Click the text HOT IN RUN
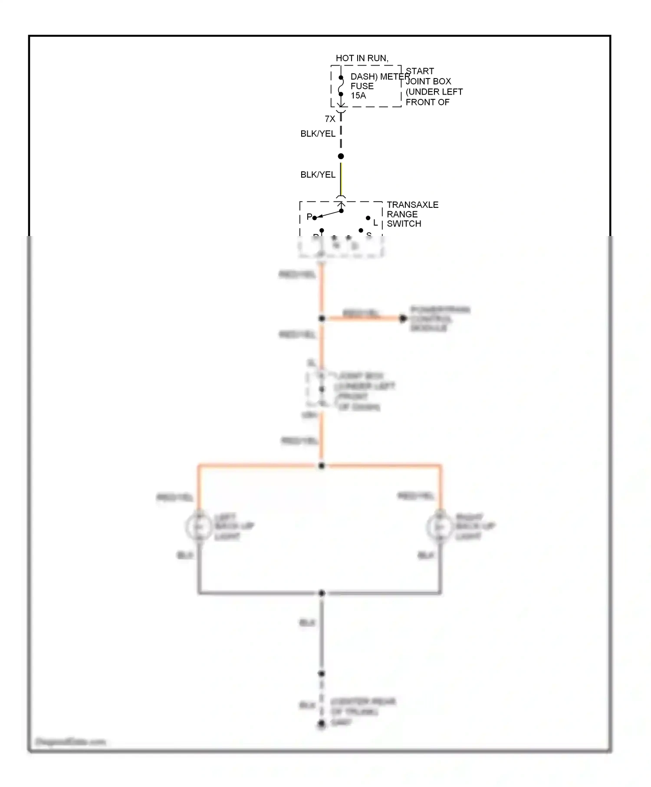tap(362, 58)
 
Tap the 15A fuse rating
tap(358, 95)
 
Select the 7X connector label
tap(330, 119)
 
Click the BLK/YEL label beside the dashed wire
tap(318, 134)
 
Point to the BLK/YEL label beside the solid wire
tap(318, 175)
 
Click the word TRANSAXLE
tap(412, 205)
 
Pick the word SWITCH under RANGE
tap(404, 224)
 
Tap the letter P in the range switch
tap(309, 216)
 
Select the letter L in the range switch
tap(375, 223)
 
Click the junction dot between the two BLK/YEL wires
tap(341, 156)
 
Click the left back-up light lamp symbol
tap(198, 526)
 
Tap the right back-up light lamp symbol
tap(440, 526)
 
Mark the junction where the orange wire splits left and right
tap(321, 466)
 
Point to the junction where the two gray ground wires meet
tap(322, 593)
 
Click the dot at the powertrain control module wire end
tap(403, 319)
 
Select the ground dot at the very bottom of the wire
tap(321, 724)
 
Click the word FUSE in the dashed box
tap(362, 86)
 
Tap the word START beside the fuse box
tap(420, 71)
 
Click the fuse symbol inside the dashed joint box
tap(341, 86)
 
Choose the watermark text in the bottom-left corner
tap(70, 742)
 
